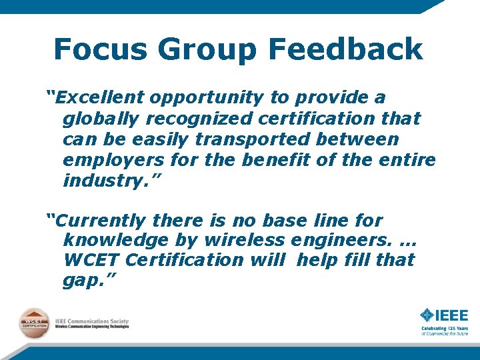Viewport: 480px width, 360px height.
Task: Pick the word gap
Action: tap(83, 281)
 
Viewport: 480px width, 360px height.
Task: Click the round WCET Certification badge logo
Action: tap(33, 323)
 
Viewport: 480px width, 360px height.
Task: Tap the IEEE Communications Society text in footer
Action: tap(91, 321)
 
